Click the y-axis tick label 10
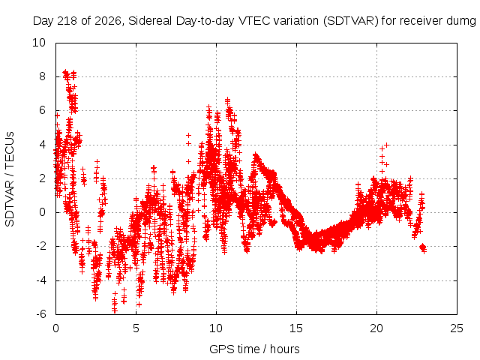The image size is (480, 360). click(x=39, y=43)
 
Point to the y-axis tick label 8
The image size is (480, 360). click(x=42, y=76)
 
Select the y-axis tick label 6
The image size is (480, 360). click(x=42, y=110)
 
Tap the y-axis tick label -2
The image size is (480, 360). click(x=40, y=246)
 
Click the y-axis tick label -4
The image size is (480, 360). click(x=40, y=280)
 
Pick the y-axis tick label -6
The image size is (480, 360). click(x=40, y=314)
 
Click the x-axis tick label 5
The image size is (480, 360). click(x=136, y=328)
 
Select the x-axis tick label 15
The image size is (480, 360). click(x=296, y=328)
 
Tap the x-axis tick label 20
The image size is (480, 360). click(x=376, y=328)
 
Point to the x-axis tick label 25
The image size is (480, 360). click(x=457, y=328)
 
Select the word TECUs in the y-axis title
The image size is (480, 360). click(x=10, y=150)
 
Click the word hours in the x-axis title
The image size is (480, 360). click(x=285, y=349)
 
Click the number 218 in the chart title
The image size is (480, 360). click(x=70, y=21)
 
